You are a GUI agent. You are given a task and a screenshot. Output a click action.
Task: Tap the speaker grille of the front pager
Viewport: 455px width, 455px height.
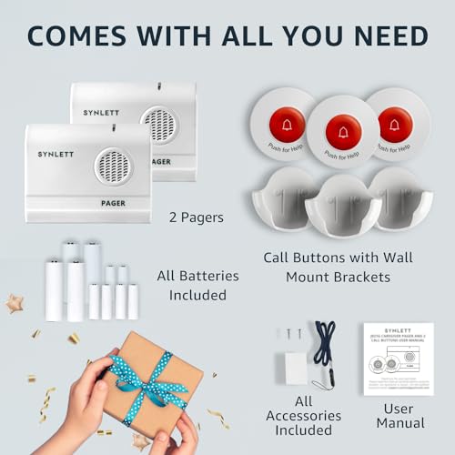tap(113, 167)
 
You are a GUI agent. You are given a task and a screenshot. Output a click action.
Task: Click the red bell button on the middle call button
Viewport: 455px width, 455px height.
tap(343, 133)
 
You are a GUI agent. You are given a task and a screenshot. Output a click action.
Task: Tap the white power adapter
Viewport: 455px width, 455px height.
tap(296, 366)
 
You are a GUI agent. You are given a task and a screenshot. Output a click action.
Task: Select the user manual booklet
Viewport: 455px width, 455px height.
tap(398, 359)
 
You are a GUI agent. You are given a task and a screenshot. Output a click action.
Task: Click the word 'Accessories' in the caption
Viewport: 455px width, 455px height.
tap(306, 416)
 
